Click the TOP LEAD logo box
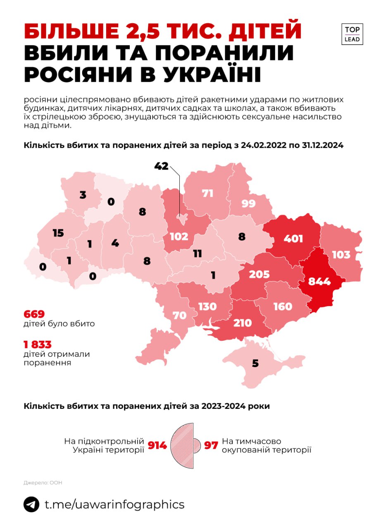(x=352, y=34)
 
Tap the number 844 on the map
(x=319, y=281)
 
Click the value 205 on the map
(x=259, y=274)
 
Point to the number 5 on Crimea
(x=255, y=363)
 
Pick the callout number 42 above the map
(x=162, y=166)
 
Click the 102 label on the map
(x=179, y=236)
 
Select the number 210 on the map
(x=243, y=322)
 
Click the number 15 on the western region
(x=58, y=233)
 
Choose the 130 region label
(x=207, y=306)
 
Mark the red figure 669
(x=34, y=313)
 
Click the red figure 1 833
(x=38, y=344)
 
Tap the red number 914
(x=157, y=445)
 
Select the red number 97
(x=211, y=445)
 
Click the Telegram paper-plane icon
(x=31, y=504)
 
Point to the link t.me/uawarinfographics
(x=114, y=504)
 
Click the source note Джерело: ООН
(x=43, y=482)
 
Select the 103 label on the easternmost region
(x=341, y=255)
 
